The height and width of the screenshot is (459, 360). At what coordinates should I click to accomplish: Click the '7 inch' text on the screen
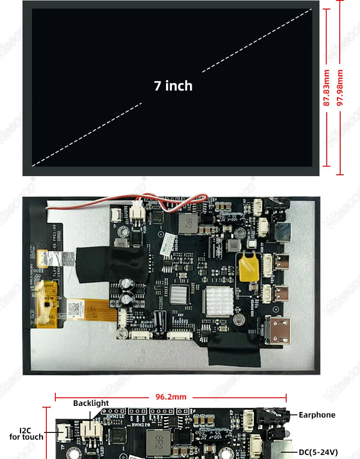[173, 86]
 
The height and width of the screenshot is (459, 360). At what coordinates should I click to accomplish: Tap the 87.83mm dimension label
[327, 88]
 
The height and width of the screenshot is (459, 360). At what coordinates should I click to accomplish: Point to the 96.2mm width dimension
[171, 397]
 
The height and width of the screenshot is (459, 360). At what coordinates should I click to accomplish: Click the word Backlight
[91, 403]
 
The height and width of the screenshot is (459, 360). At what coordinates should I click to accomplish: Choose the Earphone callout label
[317, 415]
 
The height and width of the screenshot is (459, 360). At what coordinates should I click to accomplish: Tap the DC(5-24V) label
[319, 452]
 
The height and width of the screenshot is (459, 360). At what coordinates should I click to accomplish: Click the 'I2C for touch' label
[27, 433]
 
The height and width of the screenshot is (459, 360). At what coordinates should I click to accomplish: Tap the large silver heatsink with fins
[220, 300]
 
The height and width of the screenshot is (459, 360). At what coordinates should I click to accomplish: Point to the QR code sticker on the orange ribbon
[75, 308]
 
